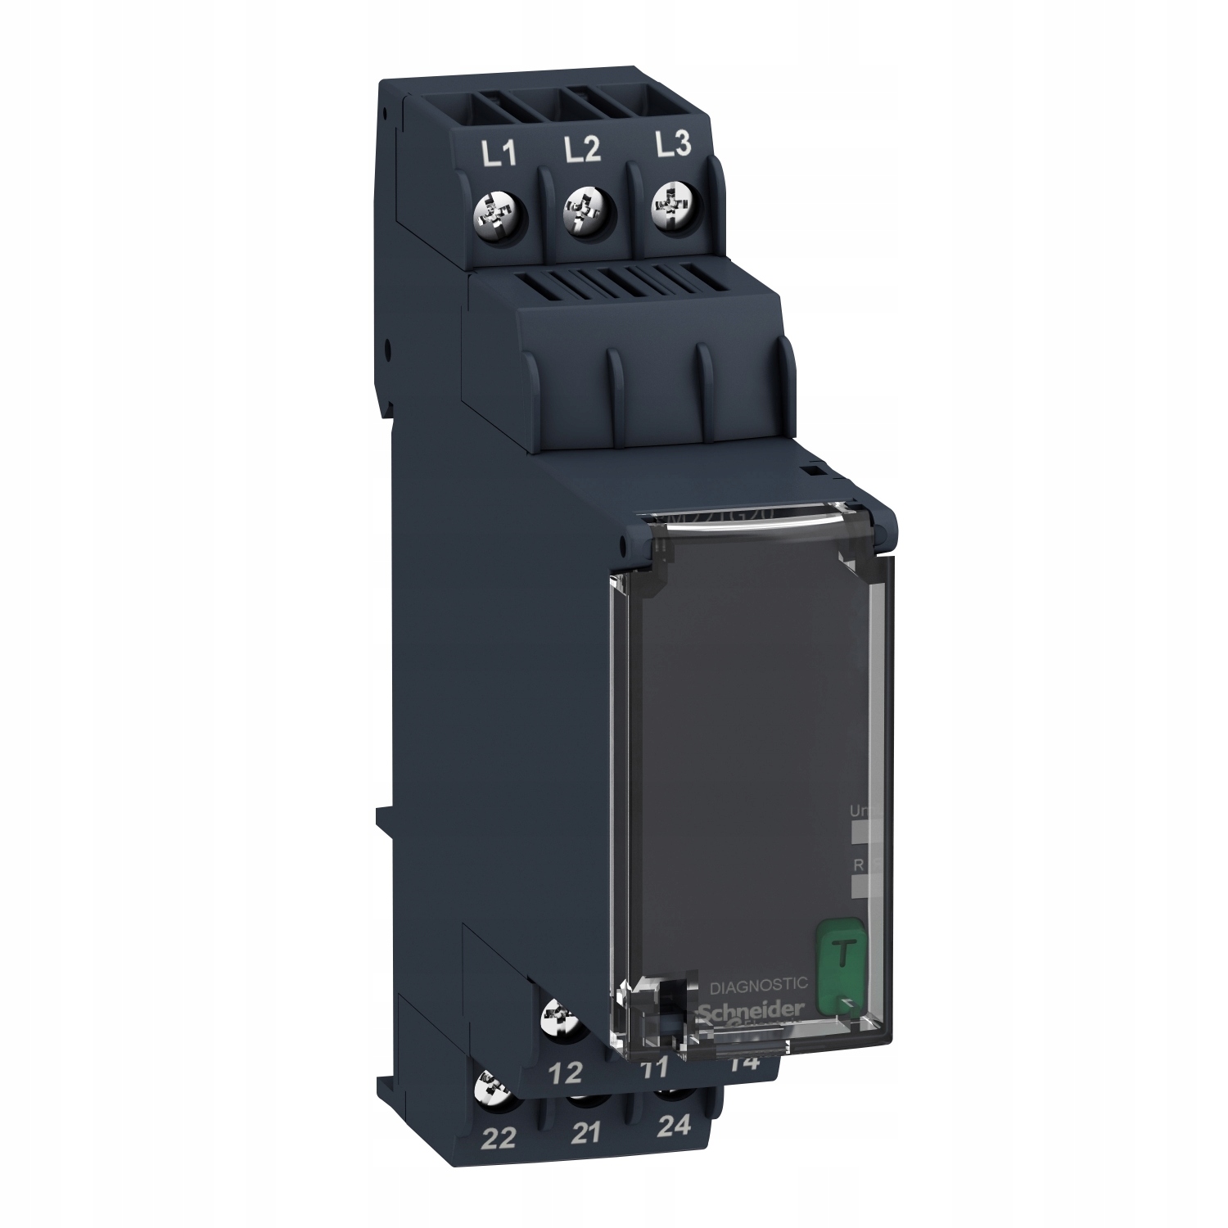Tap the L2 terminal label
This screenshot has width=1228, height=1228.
click(582, 150)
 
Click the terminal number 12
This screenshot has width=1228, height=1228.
click(566, 1072)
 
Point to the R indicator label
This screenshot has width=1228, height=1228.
click(856, 865)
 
